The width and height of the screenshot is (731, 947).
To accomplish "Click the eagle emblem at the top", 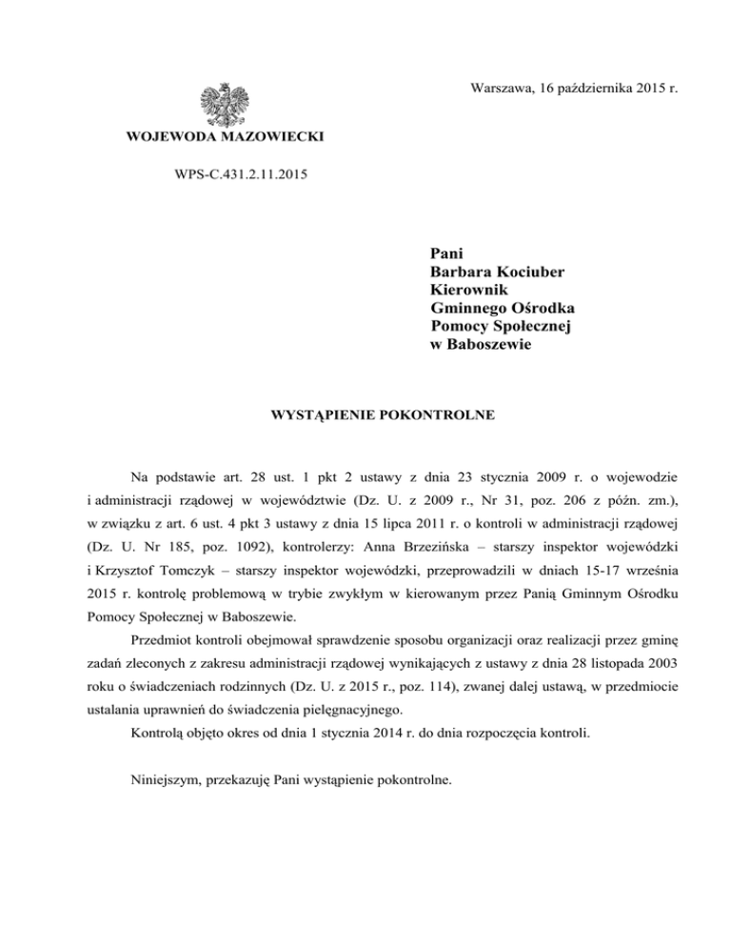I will [x=225, y=104].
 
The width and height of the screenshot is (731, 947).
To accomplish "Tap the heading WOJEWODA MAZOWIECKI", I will [x=225, y=139].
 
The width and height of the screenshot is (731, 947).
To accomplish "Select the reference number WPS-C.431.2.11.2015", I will [x=235, y=174].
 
